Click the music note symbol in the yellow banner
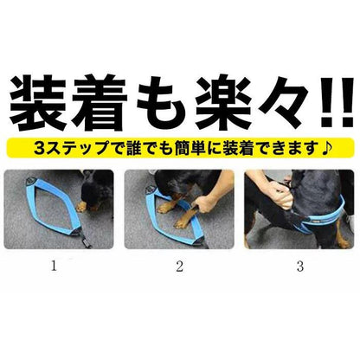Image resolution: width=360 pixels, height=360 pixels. (x=326, y=148)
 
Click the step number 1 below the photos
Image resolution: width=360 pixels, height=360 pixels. (x=54, y=266)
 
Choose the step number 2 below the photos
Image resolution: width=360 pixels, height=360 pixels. (x=179, y=267)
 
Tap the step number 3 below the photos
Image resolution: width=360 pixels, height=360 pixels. (x=300, y=267)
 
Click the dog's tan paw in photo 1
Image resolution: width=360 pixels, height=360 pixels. (x=81, y=206)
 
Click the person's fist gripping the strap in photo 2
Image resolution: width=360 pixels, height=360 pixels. (x=204, y=206)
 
